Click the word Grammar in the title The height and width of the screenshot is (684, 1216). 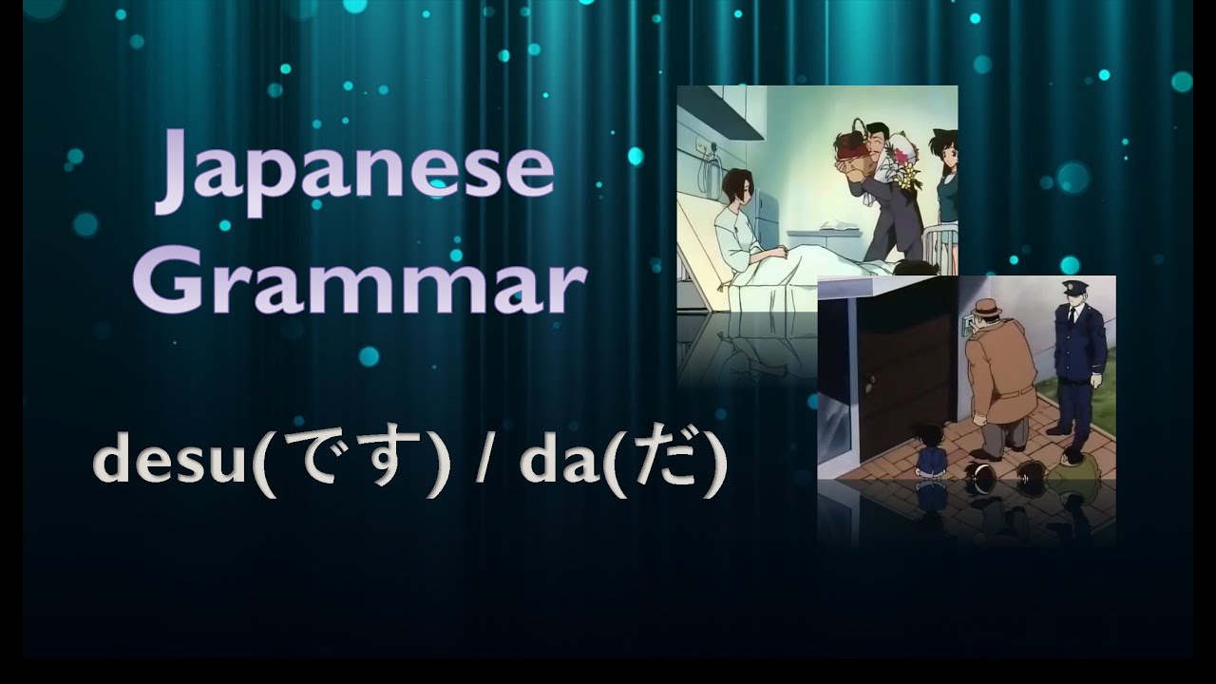358,280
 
